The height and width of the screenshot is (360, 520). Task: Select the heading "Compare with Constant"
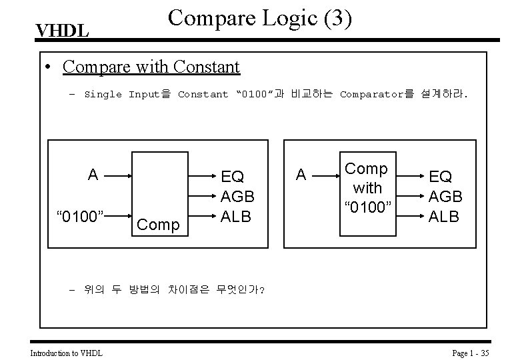(x=151, y=67)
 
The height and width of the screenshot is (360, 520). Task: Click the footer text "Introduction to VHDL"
(x=67, y=353)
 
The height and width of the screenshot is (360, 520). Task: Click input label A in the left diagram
(x=93, y=175)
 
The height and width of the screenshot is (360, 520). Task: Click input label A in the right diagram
(x=301, y=175)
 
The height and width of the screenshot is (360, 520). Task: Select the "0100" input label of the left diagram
(x=81, y=216)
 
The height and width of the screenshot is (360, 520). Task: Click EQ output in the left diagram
(x=232, y=177)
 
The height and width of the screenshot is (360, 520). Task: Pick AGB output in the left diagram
(x=237, y=196)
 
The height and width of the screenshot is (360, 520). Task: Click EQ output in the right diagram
(x=440, y=177)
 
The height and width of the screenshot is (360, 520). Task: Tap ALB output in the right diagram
(x=444, y=215)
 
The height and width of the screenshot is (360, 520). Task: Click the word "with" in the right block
(x=367, y=187)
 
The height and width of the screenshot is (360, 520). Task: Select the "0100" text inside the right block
(x=367, y=206)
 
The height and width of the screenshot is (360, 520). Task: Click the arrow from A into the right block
(x=325, y=175)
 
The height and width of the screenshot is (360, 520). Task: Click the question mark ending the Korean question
(x=262, y=290)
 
